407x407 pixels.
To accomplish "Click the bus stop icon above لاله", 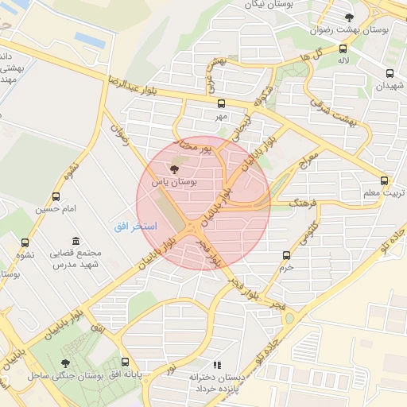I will pos(343,48).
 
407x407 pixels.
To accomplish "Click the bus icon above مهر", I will pos(221,103).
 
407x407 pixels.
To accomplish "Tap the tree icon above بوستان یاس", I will pos(175,169).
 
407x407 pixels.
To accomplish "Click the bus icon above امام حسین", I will pos(56,196).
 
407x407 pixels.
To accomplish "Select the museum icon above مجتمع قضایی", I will pos(76,241).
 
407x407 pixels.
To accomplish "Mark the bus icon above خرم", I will pos(287,255).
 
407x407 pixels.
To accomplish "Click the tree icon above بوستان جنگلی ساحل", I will pos(65,362).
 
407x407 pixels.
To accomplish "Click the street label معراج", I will pos(308,162).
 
